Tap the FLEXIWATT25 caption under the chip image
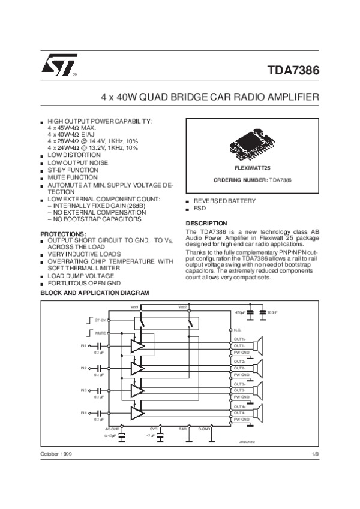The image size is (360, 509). tap(253, 169)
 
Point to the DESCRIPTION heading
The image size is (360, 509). tap(206, 224)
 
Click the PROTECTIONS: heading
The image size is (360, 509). tap(64, 233)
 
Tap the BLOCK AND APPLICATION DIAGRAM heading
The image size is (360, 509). tap(94, 293)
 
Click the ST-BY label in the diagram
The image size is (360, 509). tap(100, 321)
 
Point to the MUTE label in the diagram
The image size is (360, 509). tap(100, 332)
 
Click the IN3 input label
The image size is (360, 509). tap(83, 391)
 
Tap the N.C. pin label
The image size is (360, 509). tap(238, 330)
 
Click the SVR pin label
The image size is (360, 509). tap(154, 430)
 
